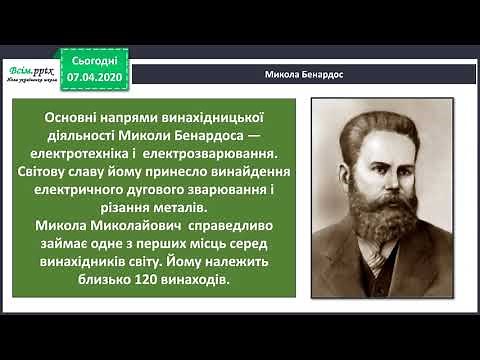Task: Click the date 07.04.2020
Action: click(98, 75)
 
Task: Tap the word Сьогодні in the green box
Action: click(98, 60)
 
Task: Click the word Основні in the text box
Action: click(75, 119)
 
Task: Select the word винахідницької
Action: click(195, 119)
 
